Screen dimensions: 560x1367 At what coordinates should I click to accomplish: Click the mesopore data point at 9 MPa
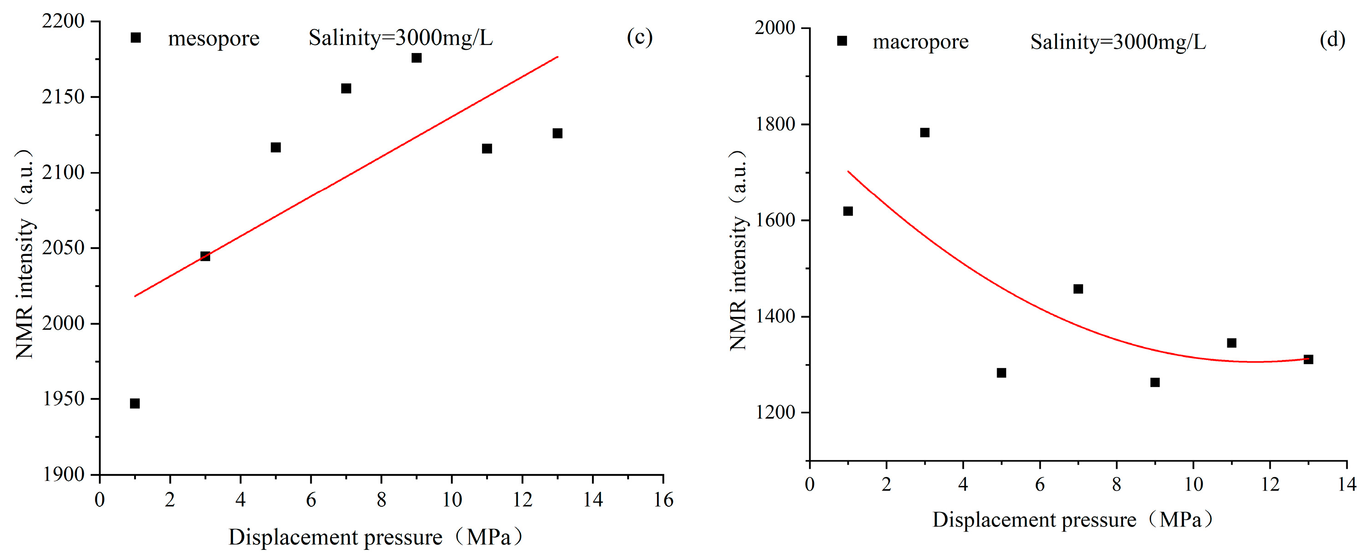[x=417, y=58]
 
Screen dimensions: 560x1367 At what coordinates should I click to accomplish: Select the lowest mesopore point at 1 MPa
[x=135, y=403]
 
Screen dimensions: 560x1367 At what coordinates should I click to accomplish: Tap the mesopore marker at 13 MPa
[x=557, y=133]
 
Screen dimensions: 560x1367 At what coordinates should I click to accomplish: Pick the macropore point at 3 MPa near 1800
[x=924, y=133]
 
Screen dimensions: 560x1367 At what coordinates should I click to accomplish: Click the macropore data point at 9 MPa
[x=1155, y=382]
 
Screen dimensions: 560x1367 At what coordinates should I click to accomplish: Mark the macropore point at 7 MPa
[x=1078, y=289]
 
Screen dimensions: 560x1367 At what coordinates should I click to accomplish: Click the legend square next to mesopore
[x=136, y=38]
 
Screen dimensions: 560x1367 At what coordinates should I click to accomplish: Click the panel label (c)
[x=639, y=37]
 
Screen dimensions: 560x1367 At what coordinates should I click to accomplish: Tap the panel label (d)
[x=1332, y=39]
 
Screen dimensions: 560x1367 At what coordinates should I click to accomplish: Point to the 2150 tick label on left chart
[x=63, y=97]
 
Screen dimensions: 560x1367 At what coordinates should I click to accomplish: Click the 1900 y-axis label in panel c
[x=63, y=474]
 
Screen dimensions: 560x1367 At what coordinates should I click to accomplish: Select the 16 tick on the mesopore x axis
[x=663, y=500]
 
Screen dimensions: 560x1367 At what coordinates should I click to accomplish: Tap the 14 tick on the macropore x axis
[x=1347, y=484]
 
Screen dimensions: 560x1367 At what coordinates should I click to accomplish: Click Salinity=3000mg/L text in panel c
[x=401, y=38]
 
